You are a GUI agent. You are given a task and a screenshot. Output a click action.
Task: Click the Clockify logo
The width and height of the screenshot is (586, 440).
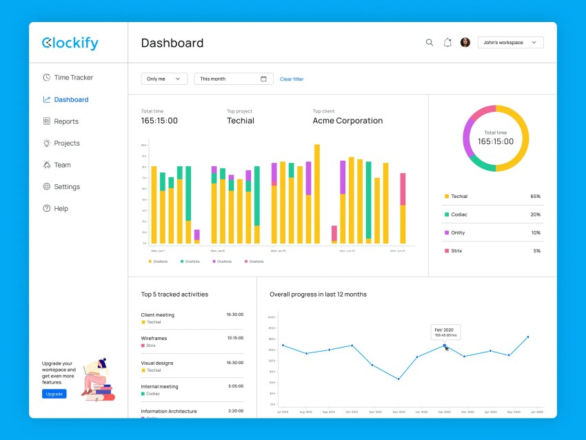click(x=70, y=43)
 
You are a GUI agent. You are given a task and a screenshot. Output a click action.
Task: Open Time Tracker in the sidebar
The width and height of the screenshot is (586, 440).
click(x=73, y=78)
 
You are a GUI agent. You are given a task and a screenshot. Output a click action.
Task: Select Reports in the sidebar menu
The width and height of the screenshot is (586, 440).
click(x=66, y=121)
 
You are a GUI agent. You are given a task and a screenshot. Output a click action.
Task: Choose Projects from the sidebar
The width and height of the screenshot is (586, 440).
click(x=67, y=143)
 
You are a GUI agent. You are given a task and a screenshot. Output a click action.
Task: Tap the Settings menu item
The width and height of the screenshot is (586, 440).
click(x=67, y=187)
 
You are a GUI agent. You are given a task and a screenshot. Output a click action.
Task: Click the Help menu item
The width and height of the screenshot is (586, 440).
click(x=61, y=209)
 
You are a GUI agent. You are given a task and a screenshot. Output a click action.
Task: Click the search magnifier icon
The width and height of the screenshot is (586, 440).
click(x=430, y=43)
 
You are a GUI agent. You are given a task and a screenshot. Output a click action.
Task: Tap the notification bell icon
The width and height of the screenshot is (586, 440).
click(x=447, y=43)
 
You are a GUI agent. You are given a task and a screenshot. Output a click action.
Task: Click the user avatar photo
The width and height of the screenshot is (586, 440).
click(x=465, y=43)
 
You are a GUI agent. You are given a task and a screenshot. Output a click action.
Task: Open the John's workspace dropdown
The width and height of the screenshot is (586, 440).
click(x=510, y=43)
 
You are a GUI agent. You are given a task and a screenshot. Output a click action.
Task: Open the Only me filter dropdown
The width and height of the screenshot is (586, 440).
click(x=164, y=79)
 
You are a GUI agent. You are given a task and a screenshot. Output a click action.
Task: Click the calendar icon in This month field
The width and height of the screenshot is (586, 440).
click(x=263, y=79)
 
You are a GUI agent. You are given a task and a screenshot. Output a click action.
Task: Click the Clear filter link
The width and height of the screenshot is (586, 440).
click(x=292, y=79)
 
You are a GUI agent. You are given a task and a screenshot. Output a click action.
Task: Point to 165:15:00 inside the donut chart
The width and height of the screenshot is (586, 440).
click(x=496, y=141)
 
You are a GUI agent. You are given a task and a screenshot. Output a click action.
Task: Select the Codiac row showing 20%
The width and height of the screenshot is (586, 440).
click(x=492, y=214)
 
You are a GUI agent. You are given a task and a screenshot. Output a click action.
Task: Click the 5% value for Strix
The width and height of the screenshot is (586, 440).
click(x=536, y=251)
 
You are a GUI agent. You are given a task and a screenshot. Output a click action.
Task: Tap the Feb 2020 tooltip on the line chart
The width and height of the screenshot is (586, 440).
click(x=445, y=332)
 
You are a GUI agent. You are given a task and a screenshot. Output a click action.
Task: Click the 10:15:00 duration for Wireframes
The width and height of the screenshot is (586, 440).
click(x=234, y=338)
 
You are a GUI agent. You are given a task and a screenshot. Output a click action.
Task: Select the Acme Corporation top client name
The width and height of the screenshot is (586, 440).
click(x=347, y=121)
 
